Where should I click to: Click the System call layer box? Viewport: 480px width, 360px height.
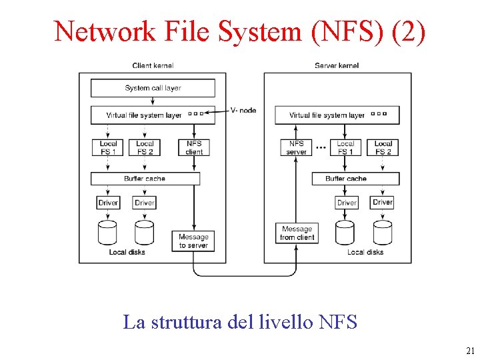153,88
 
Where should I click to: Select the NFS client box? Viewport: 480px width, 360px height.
194,147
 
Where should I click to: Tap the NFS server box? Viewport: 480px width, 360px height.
297,147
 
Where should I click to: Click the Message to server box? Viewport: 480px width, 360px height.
193,241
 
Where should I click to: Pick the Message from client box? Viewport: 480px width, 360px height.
297,233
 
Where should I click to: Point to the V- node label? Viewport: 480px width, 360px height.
243,111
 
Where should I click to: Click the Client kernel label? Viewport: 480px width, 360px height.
153,65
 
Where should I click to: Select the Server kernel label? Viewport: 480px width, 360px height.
337,65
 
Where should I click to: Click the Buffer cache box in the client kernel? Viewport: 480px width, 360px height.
145,179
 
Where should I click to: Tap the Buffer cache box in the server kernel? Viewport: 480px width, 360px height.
355,179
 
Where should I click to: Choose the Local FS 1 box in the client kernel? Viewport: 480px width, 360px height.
108,147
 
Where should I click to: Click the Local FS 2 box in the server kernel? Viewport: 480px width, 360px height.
383,147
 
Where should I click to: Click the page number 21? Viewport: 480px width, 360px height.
470,351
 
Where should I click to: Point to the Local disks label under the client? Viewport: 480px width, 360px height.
127,252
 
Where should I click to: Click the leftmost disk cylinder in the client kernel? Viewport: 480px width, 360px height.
108,232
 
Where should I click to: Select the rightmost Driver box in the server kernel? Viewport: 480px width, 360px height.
383,202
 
